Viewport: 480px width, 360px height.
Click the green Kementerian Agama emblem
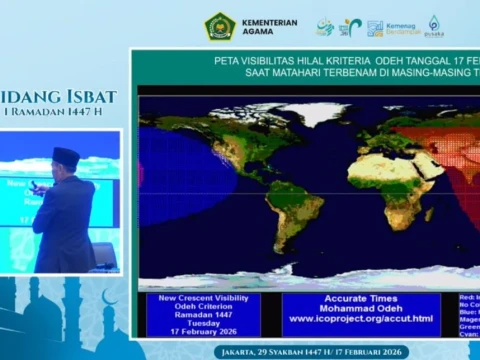click(x=220, y=26)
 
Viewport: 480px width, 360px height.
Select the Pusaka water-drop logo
click(x=434, y=26)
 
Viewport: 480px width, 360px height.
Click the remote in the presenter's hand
click(x=32, y=185)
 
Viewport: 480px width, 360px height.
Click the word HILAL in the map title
click(x=300, y=60)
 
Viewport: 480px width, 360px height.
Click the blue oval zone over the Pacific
click(x=172, y=178)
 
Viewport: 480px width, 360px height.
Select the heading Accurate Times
click(x=360, y=298)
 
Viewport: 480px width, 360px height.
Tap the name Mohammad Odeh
click(x=360, y=308)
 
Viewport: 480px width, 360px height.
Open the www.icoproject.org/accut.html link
click(x=360, y=319)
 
